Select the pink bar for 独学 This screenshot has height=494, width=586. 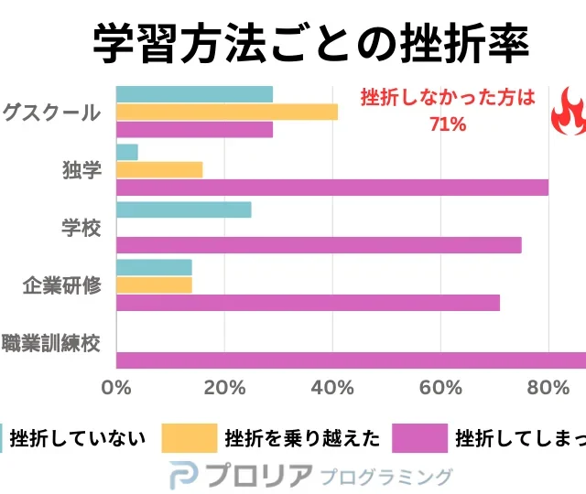coord(332,188)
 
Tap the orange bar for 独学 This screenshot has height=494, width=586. coord(159,169)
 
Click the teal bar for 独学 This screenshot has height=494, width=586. coord(127,152)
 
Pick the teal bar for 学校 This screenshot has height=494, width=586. coord(184,209)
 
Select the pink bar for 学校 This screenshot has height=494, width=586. coord(319,245)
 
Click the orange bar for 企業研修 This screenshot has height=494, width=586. coord(154,285)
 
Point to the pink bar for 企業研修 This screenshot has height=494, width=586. coord(309,303)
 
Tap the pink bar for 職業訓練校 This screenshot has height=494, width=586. coord(352,360)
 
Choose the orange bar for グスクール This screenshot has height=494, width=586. coord(227,113)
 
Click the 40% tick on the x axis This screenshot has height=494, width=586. coord(332,387)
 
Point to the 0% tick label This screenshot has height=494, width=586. coord(117,387)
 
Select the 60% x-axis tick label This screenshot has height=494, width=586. coord(440,387)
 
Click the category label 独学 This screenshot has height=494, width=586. coord(81,170)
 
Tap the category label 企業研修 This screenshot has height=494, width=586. coord(61,285)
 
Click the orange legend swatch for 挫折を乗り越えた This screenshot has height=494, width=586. coord(189,438)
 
